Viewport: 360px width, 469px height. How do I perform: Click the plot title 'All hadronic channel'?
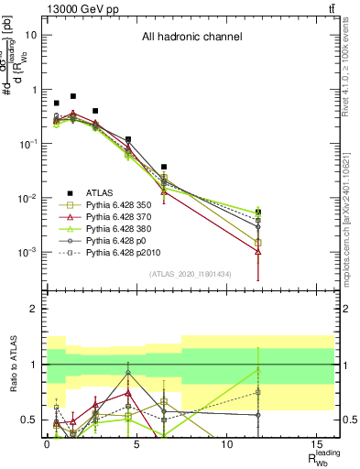(x=191, y=37)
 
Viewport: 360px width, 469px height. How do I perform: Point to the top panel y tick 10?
(x=30, y=35)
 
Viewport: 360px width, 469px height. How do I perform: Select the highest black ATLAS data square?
(x=73, y=96)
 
